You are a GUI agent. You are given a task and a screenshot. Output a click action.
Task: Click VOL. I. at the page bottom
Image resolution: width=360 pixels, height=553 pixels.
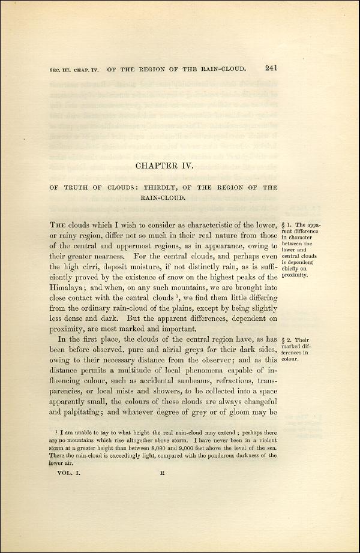coord(65,471)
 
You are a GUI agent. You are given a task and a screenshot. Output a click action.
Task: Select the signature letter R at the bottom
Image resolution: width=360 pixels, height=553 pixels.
coord(162,471)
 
